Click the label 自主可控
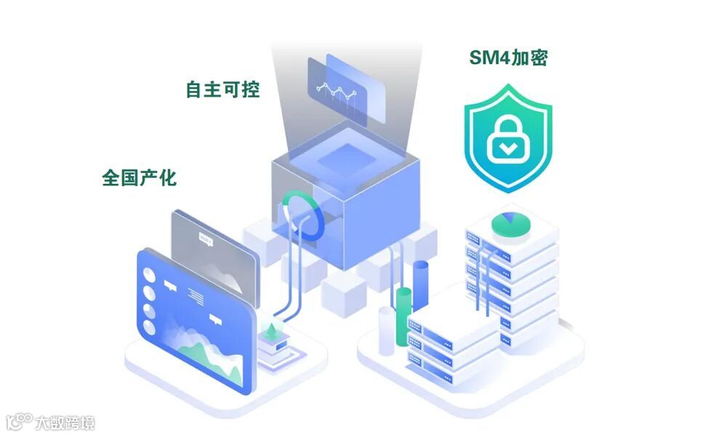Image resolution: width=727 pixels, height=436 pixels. (222, 89)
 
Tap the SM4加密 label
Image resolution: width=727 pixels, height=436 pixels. (508, 57)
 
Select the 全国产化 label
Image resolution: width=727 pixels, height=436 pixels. (139, 177)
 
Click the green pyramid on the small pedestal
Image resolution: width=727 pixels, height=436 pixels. (273, 330)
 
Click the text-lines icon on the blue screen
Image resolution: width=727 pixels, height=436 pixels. (195, 294)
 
